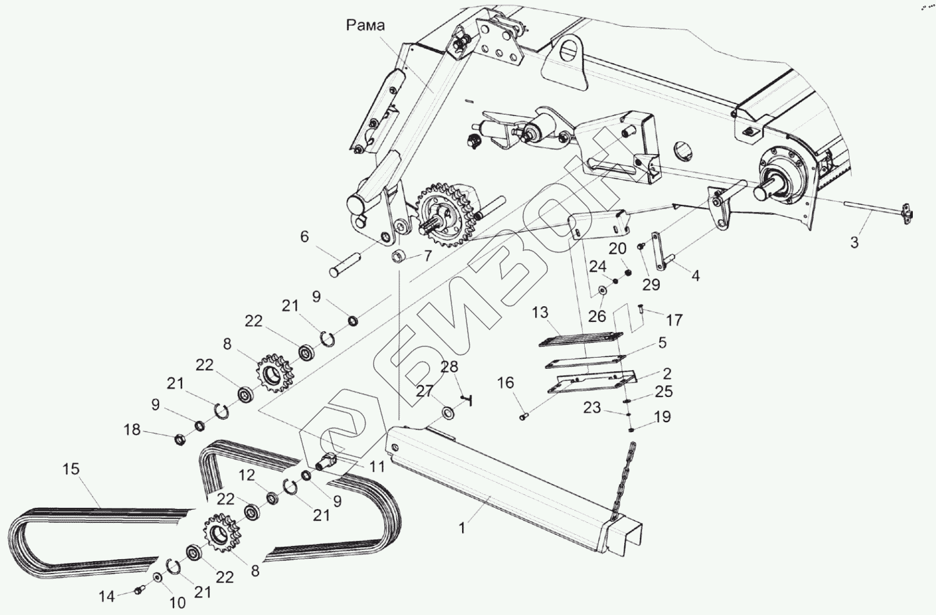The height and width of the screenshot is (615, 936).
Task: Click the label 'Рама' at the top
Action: pyautogui.click(x=366, y=25)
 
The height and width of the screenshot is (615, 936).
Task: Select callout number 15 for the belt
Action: pyautogui.click(x=71, y=469)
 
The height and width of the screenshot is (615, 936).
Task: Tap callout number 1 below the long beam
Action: pyautogui.click(x=462, y=528)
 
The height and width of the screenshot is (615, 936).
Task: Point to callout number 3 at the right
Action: pyautogui.click(x=855, y=241)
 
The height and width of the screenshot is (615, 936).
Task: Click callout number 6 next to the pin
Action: pyautogui.click(x=304, y=237)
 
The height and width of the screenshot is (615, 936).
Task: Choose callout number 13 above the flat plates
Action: pyautogui.click(x=540, y=313)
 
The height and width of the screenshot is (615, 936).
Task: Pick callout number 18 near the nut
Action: pyautogui.click(x=132, y=430)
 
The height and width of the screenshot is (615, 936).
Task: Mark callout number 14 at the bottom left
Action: pyautogui.click(x=107, y=597)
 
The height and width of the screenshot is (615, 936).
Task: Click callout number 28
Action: pyautogui.click(x=449, y=367)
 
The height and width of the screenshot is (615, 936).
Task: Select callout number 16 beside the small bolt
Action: pyautogui.click(x=505, y=383)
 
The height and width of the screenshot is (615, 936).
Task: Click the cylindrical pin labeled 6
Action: pyautogui.click(x=344, y=264)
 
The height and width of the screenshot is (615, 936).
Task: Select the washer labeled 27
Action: pyautogui.click(x=449, y=413)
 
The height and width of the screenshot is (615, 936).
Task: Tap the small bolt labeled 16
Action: pyautogui.click(x=525, y=415)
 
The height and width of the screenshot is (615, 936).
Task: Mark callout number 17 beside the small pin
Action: pyautogui.click(x=674, y=320)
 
